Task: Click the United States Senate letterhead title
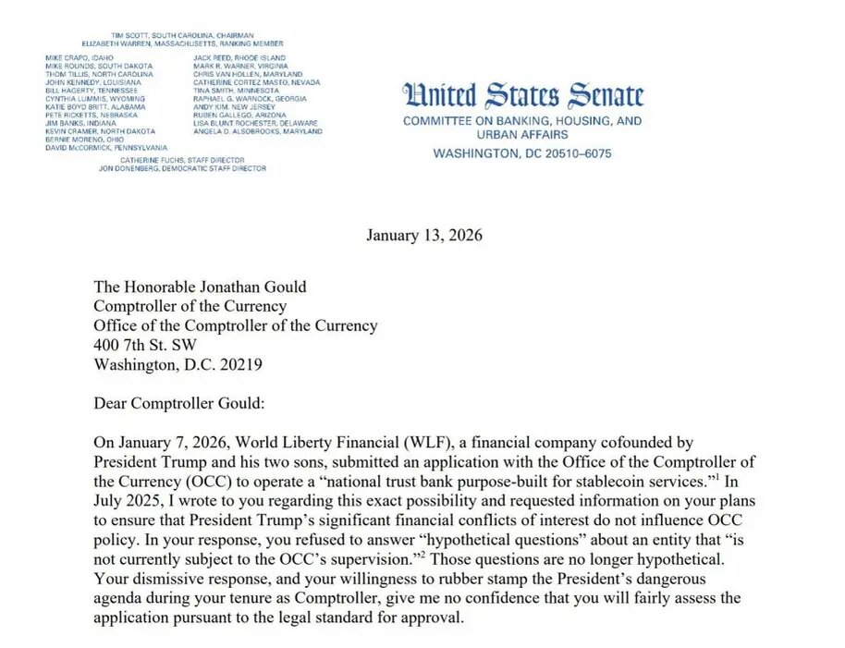click(523, 96)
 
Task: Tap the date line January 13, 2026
click(423, 235)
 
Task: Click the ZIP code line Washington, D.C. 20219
click(178, 364)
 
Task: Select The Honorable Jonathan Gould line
click(199, 287)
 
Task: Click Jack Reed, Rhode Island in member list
click(239, 58)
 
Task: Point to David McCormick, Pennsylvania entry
click(106, 148)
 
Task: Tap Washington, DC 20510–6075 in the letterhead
click(522, 153)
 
